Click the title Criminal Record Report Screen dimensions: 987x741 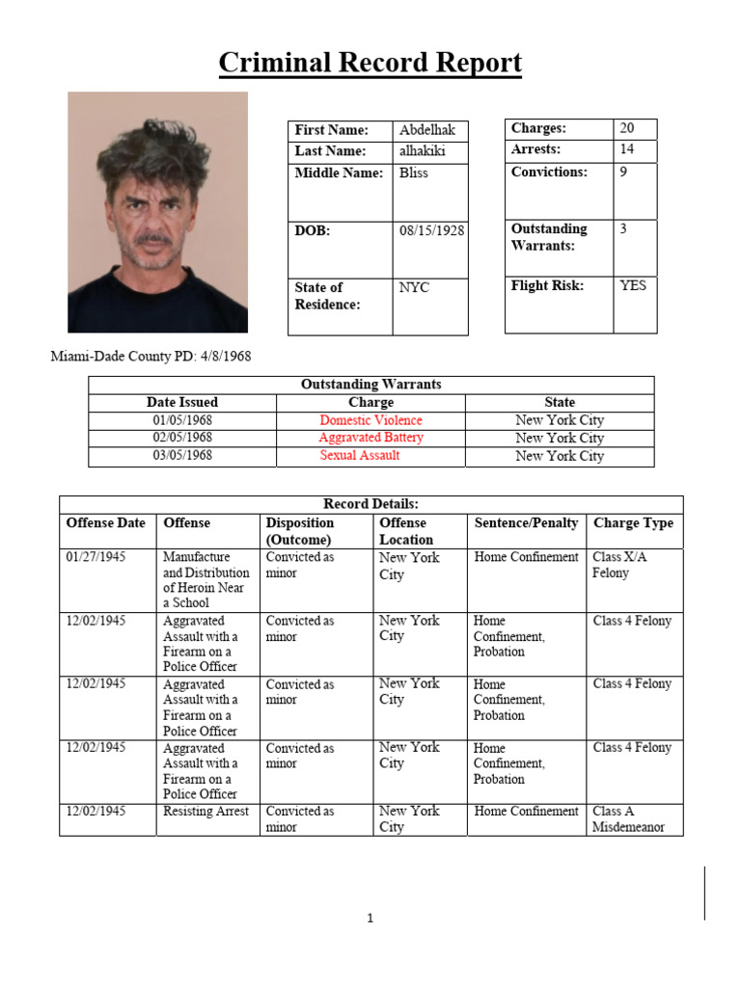[x=370, y=64]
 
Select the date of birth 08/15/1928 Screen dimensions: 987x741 [x=431, y=230]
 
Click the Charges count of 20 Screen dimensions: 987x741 [x=627, y=128]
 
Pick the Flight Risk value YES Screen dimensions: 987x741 [x=633, y=285]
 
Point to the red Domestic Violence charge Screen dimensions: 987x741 [x=370, y=420]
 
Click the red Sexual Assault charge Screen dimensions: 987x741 [x=360, y=455]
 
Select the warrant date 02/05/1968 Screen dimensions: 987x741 [x=182, y=438]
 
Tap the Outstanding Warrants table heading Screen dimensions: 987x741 [x=370, y=385]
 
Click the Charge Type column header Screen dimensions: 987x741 [x=633, y=523]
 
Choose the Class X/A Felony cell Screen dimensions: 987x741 [x=612, y=565]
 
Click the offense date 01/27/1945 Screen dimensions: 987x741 [x=96, y=557]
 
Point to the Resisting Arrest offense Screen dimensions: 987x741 [x=206, y=812]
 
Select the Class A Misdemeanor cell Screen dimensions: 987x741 [x=628, y=819]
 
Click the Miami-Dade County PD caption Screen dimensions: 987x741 [x=151, y=357]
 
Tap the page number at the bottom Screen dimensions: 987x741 [x=370, y=919]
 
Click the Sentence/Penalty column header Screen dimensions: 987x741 [x=526, y=523]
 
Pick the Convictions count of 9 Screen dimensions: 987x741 [x=623, y=172]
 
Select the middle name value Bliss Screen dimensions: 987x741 [x=414, y=173]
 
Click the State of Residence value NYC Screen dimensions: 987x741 [x=414, y=287]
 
